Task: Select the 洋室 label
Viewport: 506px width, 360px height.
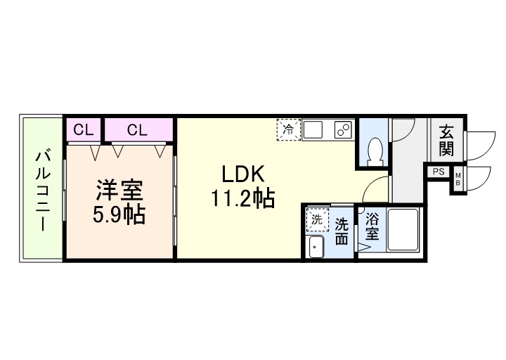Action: [119, 190]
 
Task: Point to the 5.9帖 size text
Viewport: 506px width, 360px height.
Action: [119, 214]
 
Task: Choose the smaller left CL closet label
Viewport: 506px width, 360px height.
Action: [84, 129]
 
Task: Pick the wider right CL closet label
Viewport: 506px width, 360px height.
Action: [138, 129]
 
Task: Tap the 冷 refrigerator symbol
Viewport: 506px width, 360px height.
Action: [288, 129]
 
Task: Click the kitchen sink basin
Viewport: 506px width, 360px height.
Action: [313, 129]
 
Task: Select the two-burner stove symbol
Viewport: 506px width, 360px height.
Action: [343, 129]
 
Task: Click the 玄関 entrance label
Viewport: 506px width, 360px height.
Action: [446, 140]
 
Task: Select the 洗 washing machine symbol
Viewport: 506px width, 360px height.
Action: [316, 219]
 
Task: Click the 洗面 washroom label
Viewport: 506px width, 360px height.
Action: [341, 231]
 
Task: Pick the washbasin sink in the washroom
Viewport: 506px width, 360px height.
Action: [316, 247]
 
